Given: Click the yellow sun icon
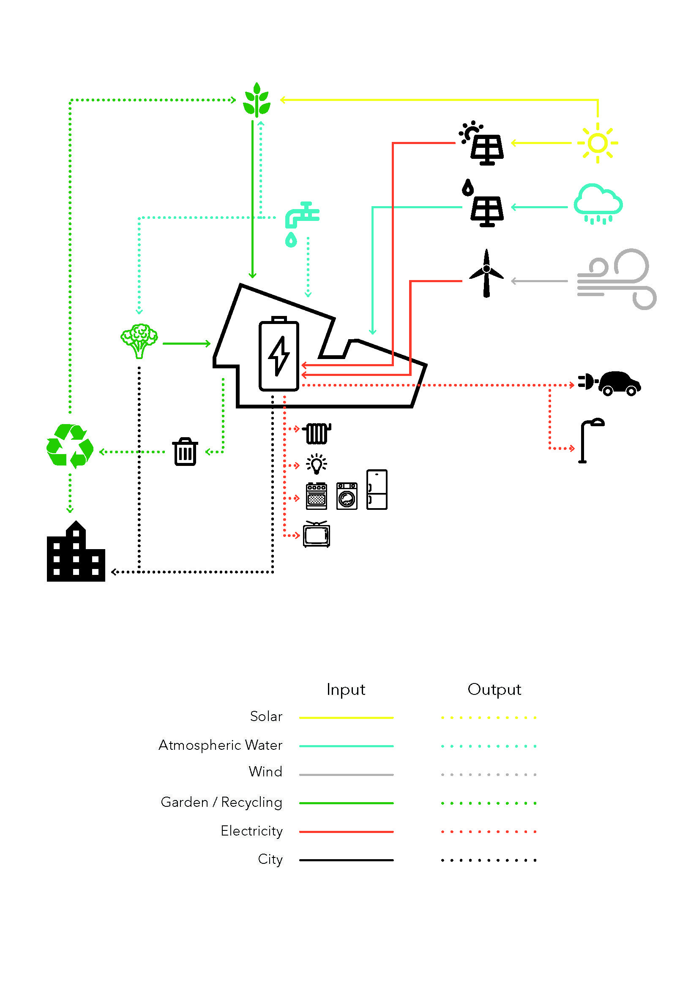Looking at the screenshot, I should pos(598,143).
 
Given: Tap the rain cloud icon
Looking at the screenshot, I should pos(598,204).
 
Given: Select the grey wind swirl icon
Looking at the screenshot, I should pos(616,279).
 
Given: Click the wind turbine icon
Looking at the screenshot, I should pos(486,273).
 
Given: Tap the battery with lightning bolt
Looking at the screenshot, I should pos(279,354).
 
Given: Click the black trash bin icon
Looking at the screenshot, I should pos(185,452).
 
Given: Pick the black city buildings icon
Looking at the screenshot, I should pos(76,553).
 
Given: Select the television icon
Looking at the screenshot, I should pos(317,534).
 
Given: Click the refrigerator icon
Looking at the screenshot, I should pos(377,490).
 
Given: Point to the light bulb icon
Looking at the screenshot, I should pos(317,464).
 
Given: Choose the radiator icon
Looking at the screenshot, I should pos(317,433).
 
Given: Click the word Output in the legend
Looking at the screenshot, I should pos(494,689).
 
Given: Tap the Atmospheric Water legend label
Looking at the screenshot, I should pos(220,745).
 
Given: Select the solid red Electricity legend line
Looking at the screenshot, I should pos(346,832).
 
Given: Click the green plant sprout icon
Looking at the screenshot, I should pos(257,101).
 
